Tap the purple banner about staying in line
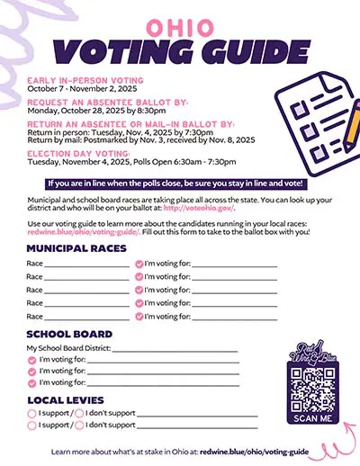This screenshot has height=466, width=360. (x=179, y=183)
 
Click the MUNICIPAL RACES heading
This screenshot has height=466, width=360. (x=75, y=247)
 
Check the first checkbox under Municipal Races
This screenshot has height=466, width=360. (x=138, y=264)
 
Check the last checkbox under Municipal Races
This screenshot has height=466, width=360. (x=138, y=317)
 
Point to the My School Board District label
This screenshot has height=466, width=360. (x=74, y=347)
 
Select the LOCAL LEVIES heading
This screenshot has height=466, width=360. (x=66, y=399)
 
